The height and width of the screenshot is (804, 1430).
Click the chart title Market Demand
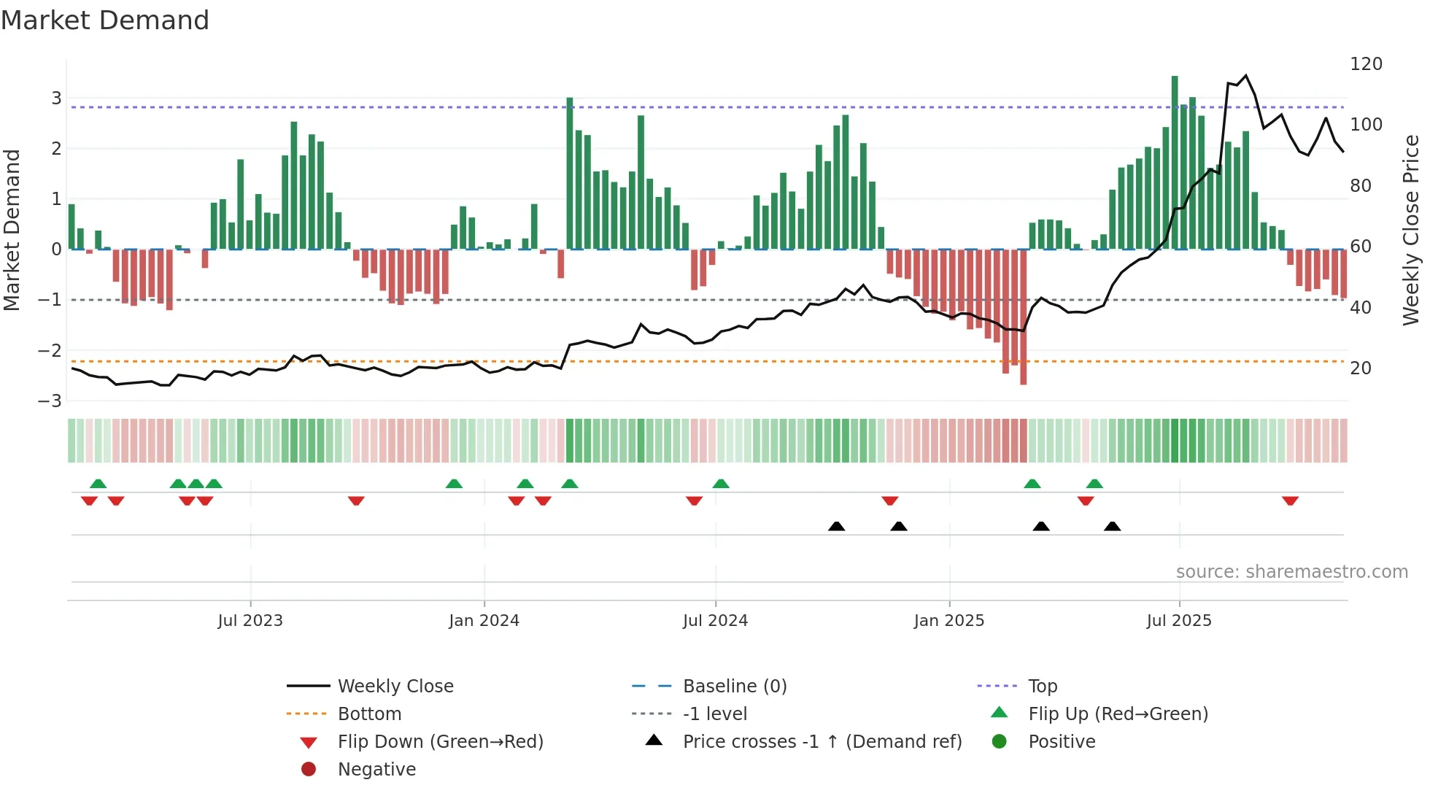(x=105, y=20)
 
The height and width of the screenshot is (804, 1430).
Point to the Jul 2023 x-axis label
(x=250, y=621)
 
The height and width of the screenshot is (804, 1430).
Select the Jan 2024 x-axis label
(x=484, y=621)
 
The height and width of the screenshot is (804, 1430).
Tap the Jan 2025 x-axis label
(x=948, y=621)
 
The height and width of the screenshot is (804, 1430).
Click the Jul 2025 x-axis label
(x=1178, y=621)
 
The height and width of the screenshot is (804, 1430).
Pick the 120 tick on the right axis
(x=1366, y=64)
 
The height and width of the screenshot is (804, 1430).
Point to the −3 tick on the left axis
(x=50, y=401)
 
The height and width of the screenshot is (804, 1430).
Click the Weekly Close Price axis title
(x=1411, y=230)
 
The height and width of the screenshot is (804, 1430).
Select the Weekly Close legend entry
(x=395, y=687)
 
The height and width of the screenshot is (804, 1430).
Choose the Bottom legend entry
(x=369, y=714)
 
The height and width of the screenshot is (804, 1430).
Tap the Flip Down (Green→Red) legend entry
(x=440, y=742)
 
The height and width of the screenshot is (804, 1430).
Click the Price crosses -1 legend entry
(x=822, y=742)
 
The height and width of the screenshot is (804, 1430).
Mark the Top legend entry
(x=1042, y=687)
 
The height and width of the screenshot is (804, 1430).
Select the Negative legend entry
(x=376, y=770)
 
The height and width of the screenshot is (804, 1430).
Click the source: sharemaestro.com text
(x=1291, y=572)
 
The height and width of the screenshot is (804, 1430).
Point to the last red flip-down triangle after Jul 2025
(x=1290, y=500)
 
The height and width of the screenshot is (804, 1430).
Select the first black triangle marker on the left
(x=837, y=526)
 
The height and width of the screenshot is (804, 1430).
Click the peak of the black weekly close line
(x=1245, y=75)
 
